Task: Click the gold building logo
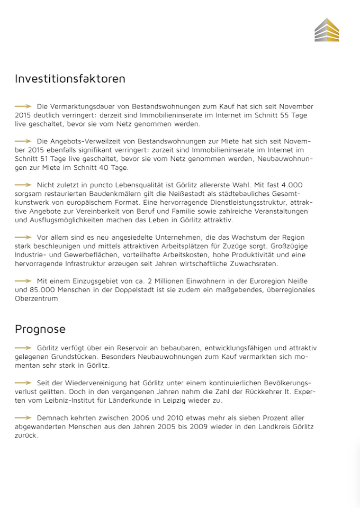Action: point(327,30)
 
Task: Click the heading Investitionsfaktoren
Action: point(70,79)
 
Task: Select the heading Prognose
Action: point(40,329)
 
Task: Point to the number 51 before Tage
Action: point(51,159)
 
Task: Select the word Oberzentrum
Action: point(36,298)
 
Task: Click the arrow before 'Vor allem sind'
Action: point(23,237)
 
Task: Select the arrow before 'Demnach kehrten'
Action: point(23,418)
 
